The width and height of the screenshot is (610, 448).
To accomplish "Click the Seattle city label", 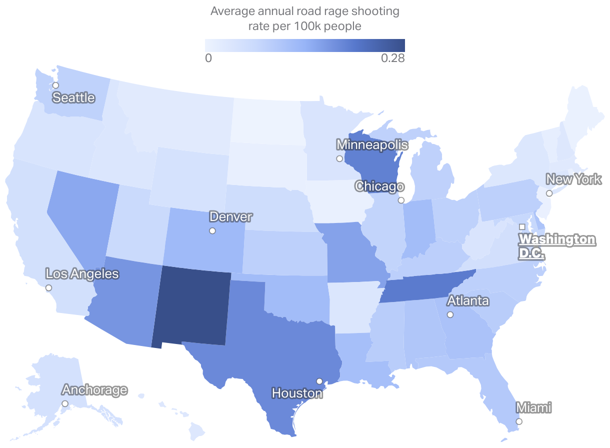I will [73, 97].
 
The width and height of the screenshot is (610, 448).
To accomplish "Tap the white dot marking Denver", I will [212, 231].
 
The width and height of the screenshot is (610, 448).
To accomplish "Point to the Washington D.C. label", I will [556, 246].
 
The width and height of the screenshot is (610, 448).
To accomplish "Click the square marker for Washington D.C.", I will [522, 227].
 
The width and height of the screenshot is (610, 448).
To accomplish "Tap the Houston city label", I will [297, 393].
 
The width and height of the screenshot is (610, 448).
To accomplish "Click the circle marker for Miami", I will [519, 421].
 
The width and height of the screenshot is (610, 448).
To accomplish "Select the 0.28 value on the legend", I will [392, 58].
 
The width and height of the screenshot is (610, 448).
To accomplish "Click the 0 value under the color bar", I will [208, 58].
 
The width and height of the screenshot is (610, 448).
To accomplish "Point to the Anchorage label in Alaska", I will [94, 390].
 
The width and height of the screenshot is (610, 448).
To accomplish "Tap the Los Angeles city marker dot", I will [48, 288].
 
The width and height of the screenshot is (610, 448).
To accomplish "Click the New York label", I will [573, 179].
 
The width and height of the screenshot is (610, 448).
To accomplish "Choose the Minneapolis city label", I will [372, 145].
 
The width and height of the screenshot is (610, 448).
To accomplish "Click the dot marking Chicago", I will [401, 200].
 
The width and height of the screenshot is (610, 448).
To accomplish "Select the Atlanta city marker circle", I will [450, 314].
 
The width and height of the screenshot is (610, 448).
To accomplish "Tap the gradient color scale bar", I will [304, 45].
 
